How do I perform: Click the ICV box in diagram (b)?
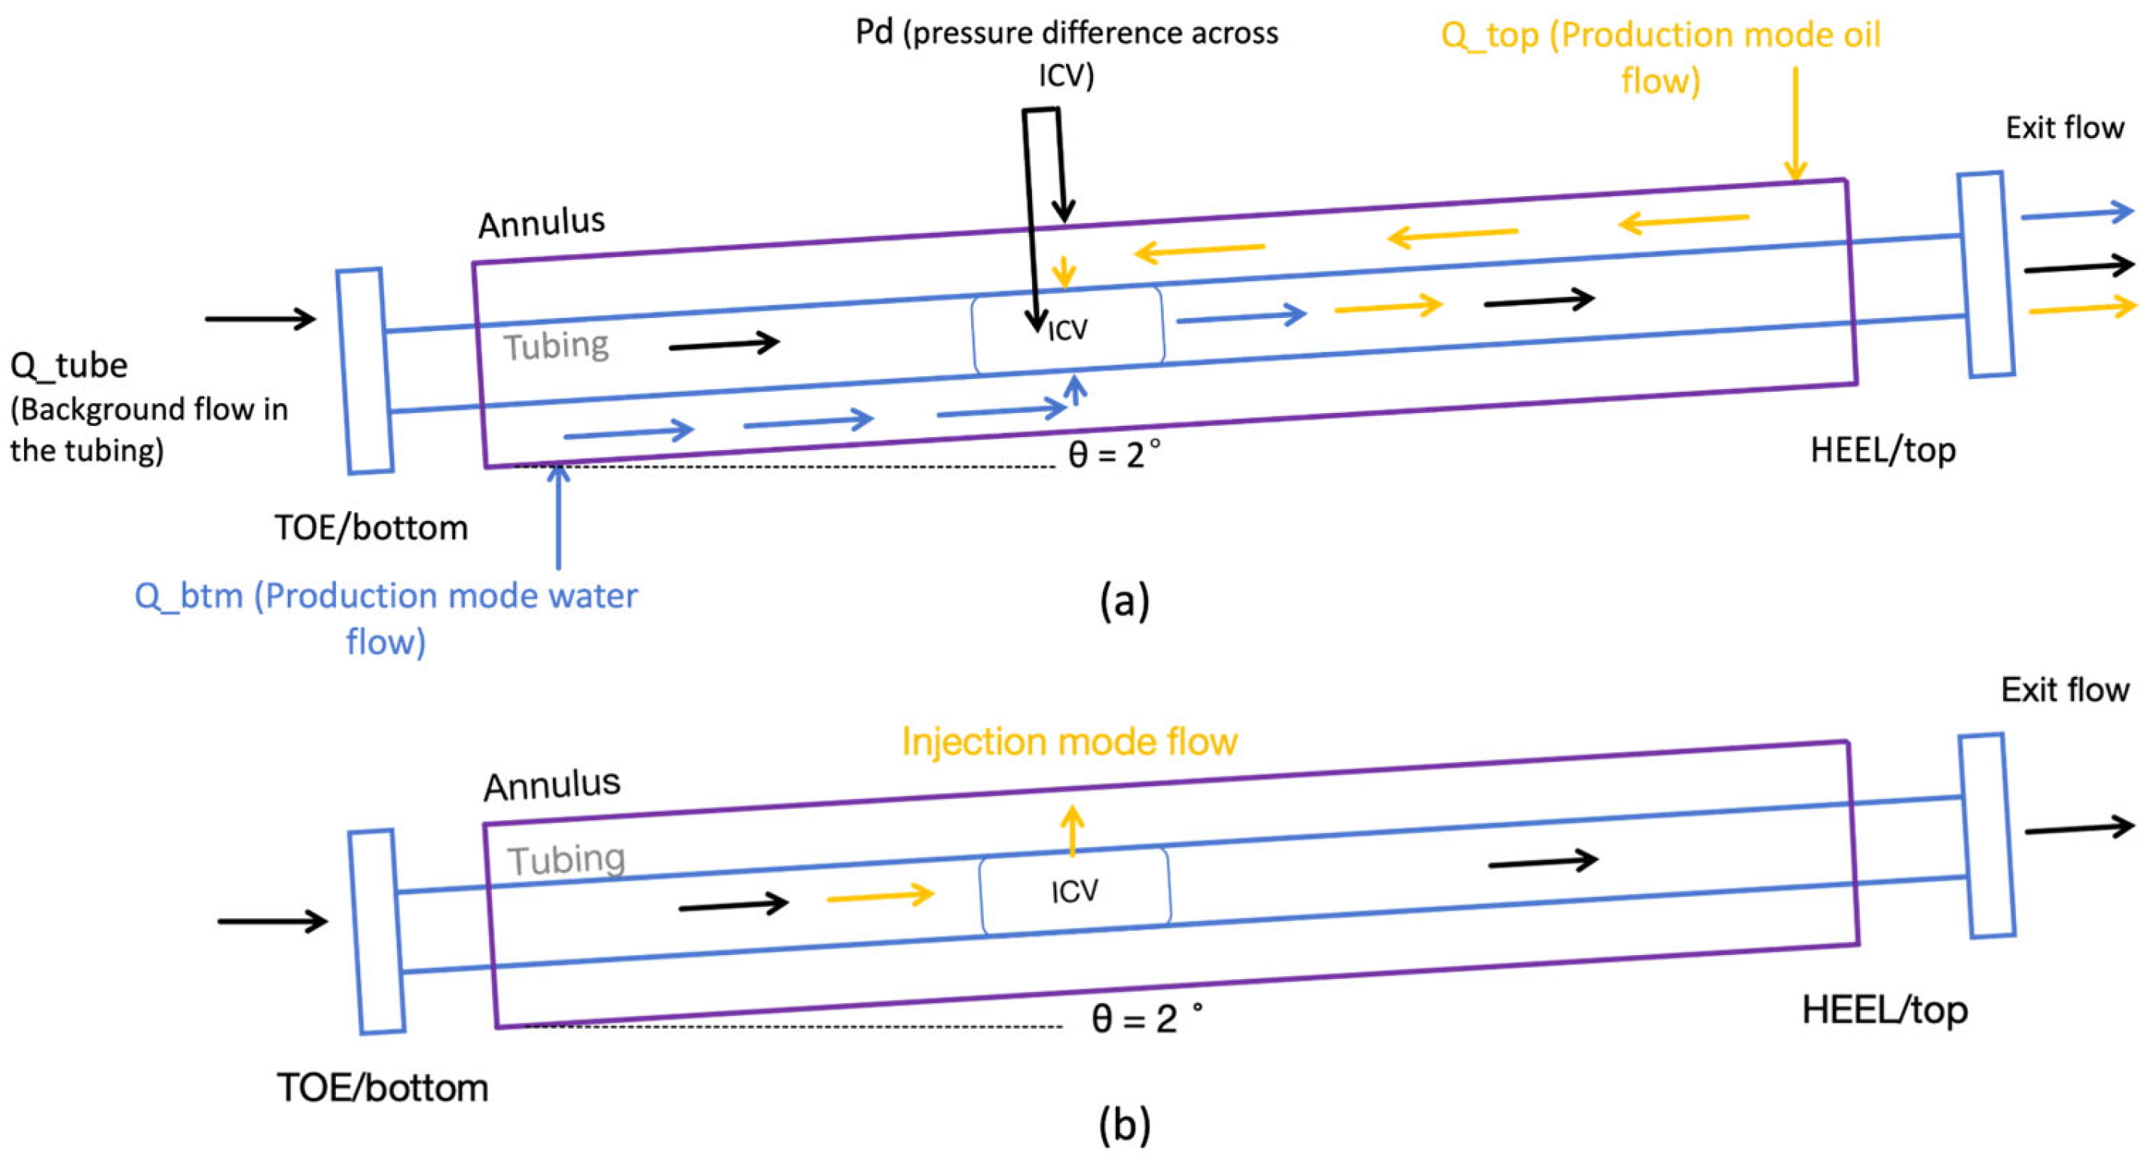click(1075, 891)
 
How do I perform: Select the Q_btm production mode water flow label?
click(386, 618)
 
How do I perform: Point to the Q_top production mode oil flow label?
click(1661, 57)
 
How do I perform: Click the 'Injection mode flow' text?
click(1069, 742)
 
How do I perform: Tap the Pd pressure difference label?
click(1067, 53)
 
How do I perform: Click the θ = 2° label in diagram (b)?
click(1147, 1018)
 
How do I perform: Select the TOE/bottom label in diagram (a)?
click(371, 528)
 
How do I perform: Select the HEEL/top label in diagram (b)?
click(1886, 1010)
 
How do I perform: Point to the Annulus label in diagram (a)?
click(542, 223)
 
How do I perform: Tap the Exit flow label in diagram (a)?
click(2065, 127)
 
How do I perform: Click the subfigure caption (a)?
click(1124, 599)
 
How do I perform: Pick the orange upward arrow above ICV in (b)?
click(1073, 831)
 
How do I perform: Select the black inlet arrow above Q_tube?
click(261, 318)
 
